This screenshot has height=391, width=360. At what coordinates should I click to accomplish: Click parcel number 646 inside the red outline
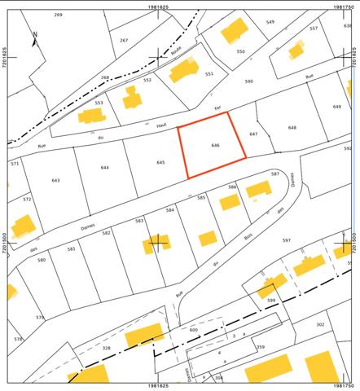[x=215, y=145]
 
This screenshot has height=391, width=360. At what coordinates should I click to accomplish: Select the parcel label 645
[x=160, y=163]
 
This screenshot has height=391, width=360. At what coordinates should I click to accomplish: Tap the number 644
[x=105, y=168]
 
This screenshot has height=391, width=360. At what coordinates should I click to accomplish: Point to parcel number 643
[x=55, y=180]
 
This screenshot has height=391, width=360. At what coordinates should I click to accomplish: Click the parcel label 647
[x=253, y=133]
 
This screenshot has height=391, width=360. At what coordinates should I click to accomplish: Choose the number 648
[x=292, y=128]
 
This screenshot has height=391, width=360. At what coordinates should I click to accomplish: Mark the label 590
[x=248, y=81]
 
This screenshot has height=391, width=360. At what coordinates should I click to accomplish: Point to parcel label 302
[x=320, y=325]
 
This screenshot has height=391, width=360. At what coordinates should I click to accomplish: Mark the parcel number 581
[x=71, y=248]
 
